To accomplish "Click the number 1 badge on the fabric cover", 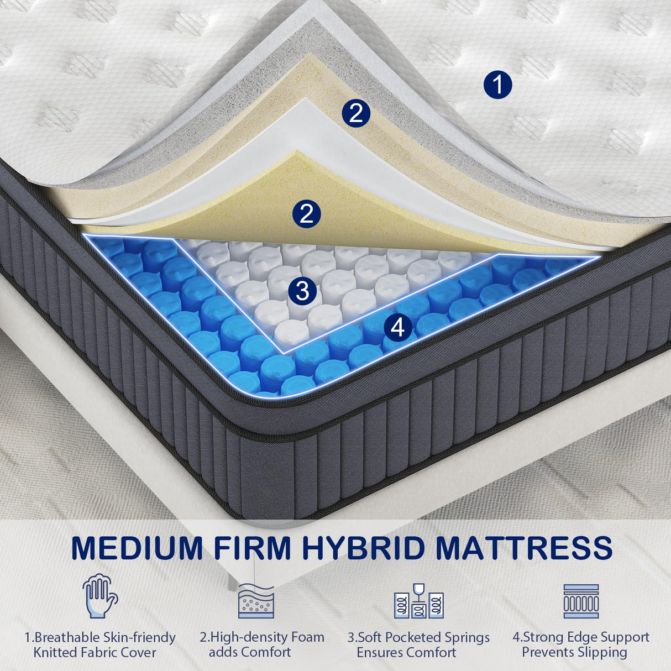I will coord(497,85).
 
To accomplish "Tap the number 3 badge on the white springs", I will coord(302,291).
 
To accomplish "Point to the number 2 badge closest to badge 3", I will coord(307,213).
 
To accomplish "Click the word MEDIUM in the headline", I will coord(138,547).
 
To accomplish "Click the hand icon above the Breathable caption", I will coord(100,596).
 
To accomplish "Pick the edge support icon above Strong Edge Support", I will coord(581,601).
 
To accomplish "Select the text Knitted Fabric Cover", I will coord(95,652).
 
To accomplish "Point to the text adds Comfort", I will coord(250,652).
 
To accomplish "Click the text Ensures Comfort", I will coord(406,652).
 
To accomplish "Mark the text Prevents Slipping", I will coord(574,652).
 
